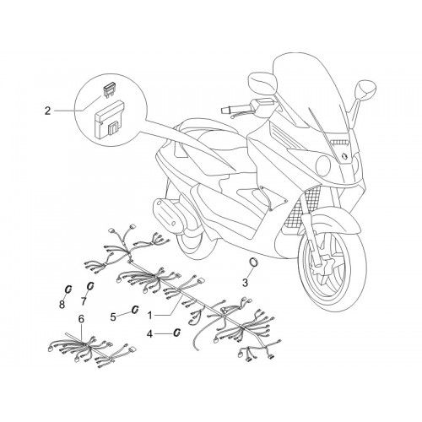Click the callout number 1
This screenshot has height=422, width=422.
point(150,316)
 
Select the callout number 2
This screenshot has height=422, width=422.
point(48,111)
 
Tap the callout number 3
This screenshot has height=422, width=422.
point(245,283)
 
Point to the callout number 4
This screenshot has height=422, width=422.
point(149,334)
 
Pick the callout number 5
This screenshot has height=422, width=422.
point(113,317)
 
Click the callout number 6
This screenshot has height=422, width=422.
point(81,319)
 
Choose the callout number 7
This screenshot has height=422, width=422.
point(84,301)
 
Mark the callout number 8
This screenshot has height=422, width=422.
point(62,304)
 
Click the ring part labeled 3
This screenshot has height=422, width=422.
point(254,262)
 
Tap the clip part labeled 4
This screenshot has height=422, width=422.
point(177,333)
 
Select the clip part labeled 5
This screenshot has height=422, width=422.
point(135,309)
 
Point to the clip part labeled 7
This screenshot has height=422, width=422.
point(90,286)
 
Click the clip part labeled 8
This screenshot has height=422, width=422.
point(68,289)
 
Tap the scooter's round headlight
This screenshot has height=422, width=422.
point(323,165)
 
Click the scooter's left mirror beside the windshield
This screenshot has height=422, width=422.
point(262,81)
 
